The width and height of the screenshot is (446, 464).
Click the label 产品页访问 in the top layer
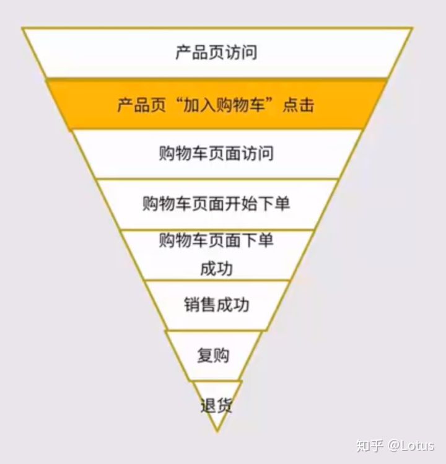[216, 53]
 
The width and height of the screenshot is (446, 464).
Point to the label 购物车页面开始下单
[216, 204]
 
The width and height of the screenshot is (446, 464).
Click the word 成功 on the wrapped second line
[216, 268]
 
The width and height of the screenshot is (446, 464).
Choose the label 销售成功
[216, 305]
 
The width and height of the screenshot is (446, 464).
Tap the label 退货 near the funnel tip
[216, 406]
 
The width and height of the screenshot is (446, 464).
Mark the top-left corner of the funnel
[22, 28]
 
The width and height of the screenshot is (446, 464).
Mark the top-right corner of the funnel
[411, 28]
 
